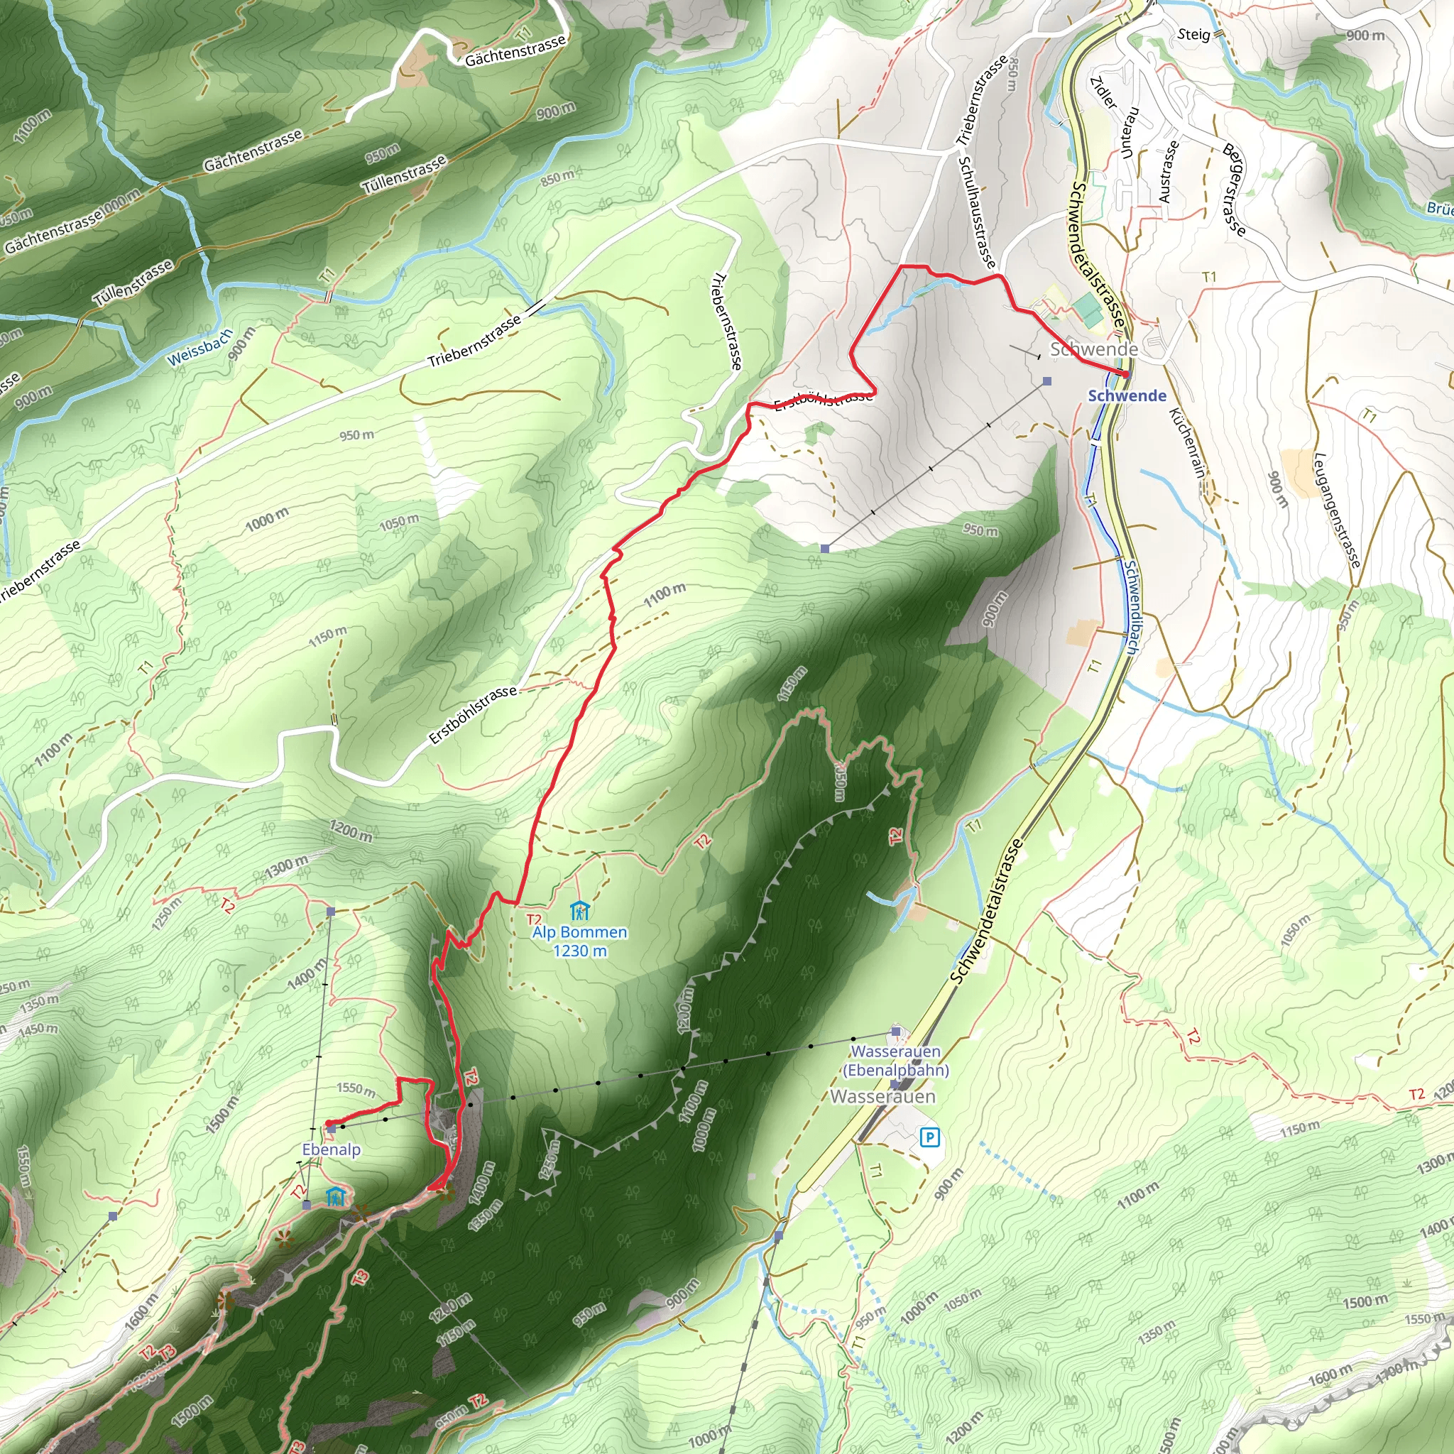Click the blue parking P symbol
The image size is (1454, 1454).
click(930, 1137)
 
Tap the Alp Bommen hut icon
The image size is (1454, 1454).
click(579, 911)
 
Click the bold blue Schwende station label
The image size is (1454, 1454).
click(1127, 396)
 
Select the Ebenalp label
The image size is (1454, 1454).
click(331, 1149)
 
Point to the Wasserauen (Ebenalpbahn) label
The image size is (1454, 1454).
click(895, 1061)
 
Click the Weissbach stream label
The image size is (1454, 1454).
click(199, 347)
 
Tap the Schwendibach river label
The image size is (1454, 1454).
click(1132, 605)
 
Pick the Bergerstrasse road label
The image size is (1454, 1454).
click(1234, 188)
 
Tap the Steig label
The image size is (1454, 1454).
click(1193, 35)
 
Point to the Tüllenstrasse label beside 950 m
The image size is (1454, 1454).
click(405, 175)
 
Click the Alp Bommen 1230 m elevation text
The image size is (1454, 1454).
click(579, 951)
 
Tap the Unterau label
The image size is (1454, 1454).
click(1130, 133)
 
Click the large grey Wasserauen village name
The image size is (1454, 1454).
click(882, 1095)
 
